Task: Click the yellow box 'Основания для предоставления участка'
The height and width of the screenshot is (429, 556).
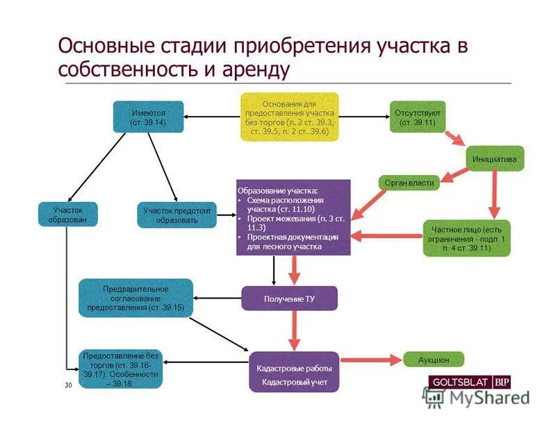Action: [x=289, y=117]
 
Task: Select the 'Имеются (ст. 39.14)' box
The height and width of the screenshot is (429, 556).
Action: [x=148, y=117]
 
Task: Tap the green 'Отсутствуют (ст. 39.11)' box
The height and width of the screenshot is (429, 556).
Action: [x=417, y=117]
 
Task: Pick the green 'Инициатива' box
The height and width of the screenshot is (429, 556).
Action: [x=494, y=159]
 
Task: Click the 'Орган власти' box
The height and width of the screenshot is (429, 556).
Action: [x=409, y=183]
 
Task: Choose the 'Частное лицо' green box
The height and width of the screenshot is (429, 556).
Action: [x=466, y=238]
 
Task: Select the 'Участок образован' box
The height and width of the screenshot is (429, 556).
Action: [x=67, y=214]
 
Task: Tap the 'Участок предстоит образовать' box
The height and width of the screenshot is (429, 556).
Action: [x=177, y=215]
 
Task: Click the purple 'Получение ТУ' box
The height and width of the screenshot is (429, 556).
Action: [x=289, y=298]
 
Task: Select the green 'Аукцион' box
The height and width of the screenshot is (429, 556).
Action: [x=434, y=360]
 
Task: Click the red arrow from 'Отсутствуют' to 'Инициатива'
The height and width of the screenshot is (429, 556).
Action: [x=455, y=137]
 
